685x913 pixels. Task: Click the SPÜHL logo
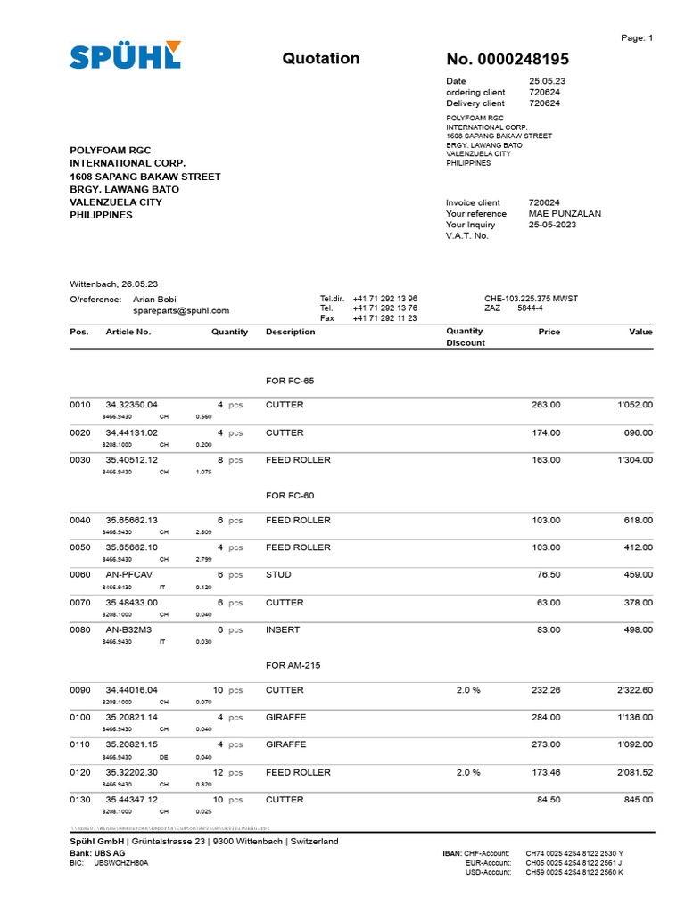pos(125,55)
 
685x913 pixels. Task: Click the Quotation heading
pos(321,59)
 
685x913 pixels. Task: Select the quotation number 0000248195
pos(507,60)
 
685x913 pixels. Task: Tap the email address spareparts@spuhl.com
pos(181,310)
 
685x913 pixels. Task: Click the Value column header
pos(640,332)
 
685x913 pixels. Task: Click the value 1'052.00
pos(635,405)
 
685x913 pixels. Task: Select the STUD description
pos(278,575)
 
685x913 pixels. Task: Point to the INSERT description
pos(283,630)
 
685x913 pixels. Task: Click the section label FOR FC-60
pos(290,495)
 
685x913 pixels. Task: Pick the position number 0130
pos(80,800)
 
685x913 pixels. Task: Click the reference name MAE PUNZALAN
pos(565,214)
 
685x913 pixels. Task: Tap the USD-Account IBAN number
pos(574,872)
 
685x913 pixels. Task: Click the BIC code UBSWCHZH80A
pos(121,863)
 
